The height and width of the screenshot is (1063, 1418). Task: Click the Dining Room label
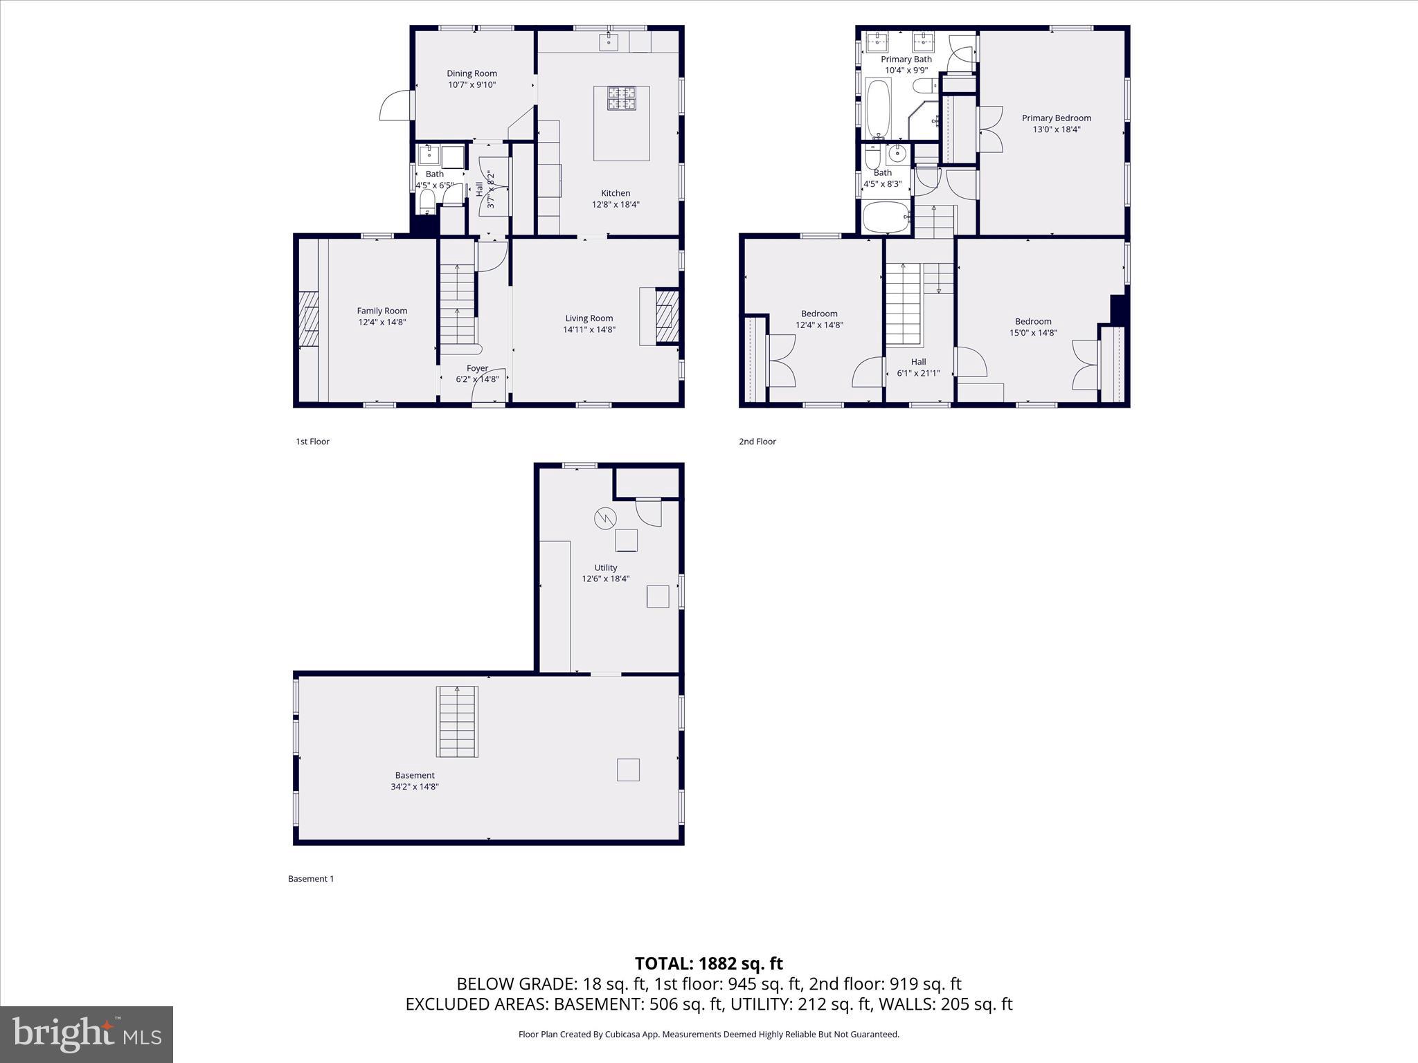[x=472, y=73]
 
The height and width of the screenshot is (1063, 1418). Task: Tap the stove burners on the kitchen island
[x=622, y=98]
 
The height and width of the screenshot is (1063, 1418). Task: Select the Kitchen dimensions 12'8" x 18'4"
[x=616, y=205]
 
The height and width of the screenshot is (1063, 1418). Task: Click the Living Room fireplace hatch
[x=667, y=316]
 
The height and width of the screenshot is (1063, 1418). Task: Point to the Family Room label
[x=382, y=311]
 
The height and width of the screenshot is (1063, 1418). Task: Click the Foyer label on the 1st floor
[x=477, y=368]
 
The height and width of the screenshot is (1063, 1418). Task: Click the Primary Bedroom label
[x=1056, y=118]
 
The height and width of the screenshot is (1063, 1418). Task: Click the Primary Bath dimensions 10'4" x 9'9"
[x=906, y=71]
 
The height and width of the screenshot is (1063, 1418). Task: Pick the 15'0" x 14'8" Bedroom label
[x=1033, y=321]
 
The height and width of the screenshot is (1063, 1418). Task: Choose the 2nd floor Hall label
[x=918, y=361]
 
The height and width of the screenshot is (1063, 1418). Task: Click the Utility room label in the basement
[x=605, y=567]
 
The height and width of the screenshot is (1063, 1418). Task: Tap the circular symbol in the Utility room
[x=604, y=518]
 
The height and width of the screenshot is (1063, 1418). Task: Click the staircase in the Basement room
[x=457, y=721]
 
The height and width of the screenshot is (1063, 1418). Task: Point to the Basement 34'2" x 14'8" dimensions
[x=415, y=787]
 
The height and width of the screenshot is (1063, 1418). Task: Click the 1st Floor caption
[x=312, y=442]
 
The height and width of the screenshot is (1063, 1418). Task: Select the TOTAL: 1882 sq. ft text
[x=708, y=963]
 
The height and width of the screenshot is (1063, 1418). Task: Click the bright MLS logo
[x=87, y=1034]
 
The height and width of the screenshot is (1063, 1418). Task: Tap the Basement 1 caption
[x=311, y=879]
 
